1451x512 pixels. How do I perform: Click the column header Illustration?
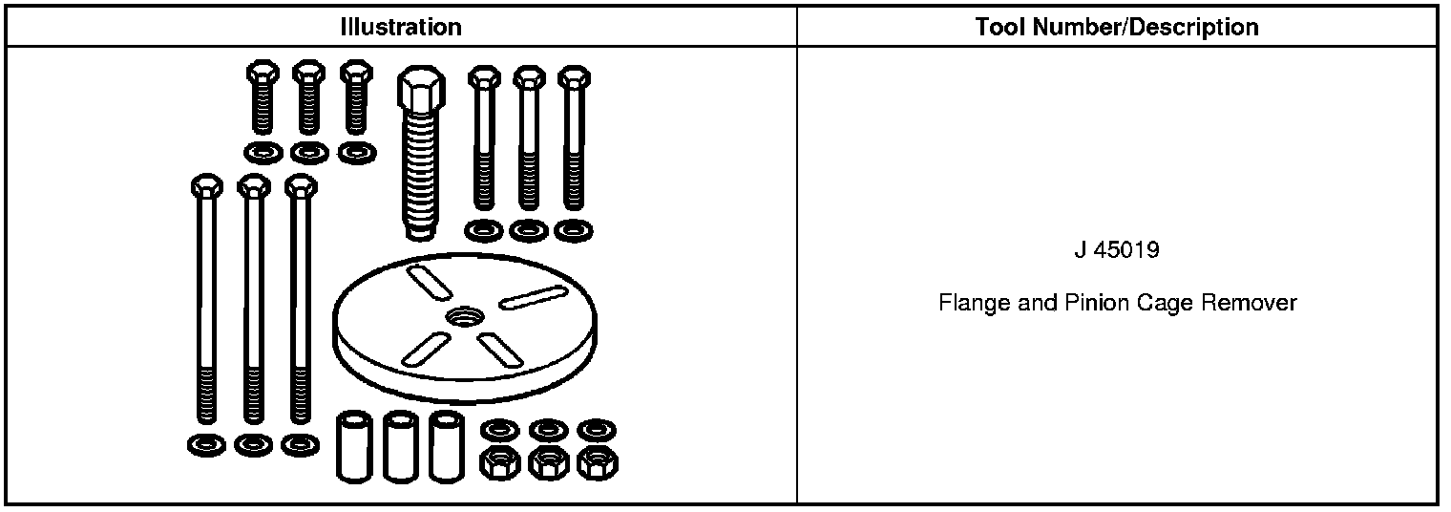401,28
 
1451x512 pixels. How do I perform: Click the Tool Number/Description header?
1116,28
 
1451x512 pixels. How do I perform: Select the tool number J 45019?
1116,251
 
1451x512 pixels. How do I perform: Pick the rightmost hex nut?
598,463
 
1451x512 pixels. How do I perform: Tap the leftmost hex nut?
496,463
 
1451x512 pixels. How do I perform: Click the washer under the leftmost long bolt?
206,444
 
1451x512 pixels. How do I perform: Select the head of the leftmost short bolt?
262,73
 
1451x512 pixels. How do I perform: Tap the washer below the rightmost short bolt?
357,152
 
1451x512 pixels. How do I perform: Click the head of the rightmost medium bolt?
573,78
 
